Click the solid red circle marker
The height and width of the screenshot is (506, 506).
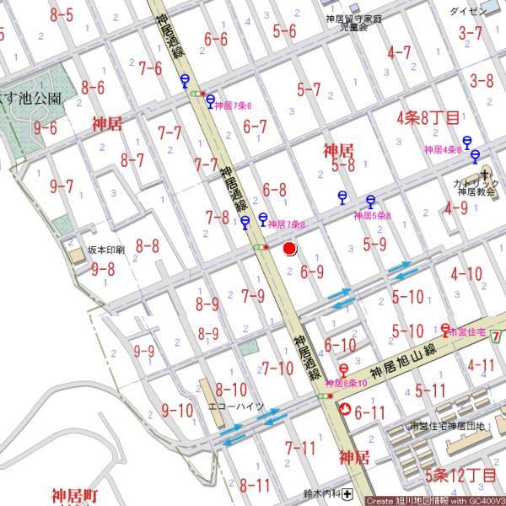[x=290, y=249]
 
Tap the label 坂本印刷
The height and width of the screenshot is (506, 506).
[x=106, y=250]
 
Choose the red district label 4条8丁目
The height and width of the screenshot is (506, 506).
[x=428, y=117]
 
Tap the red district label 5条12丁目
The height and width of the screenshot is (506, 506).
[x=460, y=476]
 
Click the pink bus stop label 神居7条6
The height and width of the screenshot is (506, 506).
[x=234, y=106]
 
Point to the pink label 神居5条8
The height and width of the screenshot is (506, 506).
[x=372, y=216]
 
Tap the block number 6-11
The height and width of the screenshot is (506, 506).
[x=369, y=412]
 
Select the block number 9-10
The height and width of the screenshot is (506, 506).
[x=177, y=411]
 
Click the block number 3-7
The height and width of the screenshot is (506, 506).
[x=471, y=33]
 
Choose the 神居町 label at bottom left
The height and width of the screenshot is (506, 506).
[x=75, y=494]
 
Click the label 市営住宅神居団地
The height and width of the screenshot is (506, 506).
[x=446, y=427]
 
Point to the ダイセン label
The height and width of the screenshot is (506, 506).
[x=468, y=11]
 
